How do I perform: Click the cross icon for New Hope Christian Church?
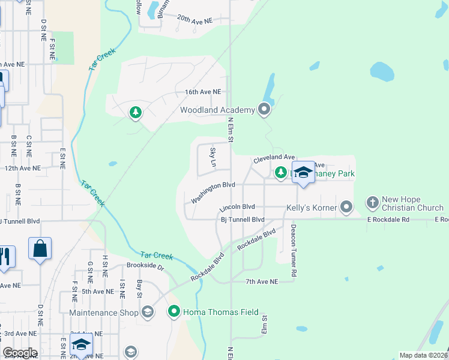(x=372, y=202)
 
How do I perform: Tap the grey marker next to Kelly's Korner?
(x=346, y=208)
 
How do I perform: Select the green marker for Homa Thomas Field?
(x=174, y=311)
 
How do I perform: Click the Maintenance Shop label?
(x=104, y=313)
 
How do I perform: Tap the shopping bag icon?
(x=40, y=248)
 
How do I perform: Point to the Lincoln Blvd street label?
(x=238, y=207)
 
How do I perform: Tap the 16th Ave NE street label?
(x=203, y=92)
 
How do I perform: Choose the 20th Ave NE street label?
(x=194, y=20)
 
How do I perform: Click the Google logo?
(x=20, y=353)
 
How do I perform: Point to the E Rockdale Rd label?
(x=388, y=220)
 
